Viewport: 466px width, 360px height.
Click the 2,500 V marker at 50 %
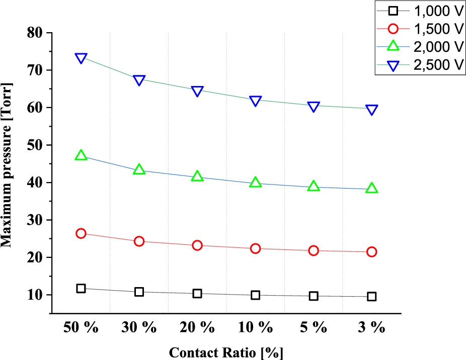pos(81,58)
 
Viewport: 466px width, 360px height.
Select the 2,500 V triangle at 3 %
pos(372,110)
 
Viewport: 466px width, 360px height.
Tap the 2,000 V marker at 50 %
pos(81,155)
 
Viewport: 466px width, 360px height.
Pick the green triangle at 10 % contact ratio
pos(256,183)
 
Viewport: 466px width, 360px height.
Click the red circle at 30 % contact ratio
pos(139,241)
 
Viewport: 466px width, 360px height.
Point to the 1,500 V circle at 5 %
pos(314,250)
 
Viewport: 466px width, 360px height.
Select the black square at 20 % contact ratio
pos(197,294)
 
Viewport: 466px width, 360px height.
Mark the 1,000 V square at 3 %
pos(372,297)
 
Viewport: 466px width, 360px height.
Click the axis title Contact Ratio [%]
pos(226,352)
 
